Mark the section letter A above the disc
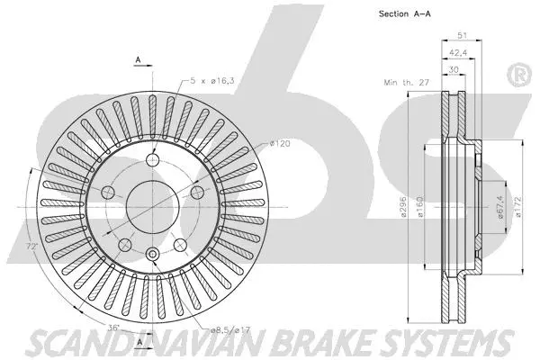click(138, 59)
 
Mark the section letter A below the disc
click(139, 343)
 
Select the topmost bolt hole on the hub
click(153, 160)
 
